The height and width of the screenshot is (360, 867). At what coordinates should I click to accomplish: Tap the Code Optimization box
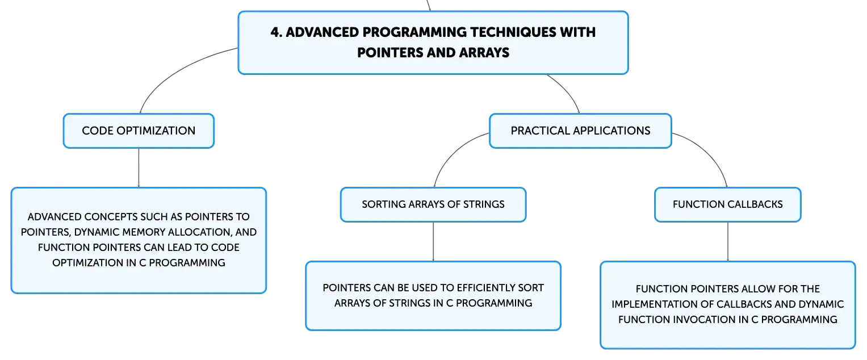139,131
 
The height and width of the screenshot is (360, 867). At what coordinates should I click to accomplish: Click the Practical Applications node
580,131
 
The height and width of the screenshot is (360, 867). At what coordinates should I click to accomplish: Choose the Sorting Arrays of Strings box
433,204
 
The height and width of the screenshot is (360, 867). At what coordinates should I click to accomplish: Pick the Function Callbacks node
728,204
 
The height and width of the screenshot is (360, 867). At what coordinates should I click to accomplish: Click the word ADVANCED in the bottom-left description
54,217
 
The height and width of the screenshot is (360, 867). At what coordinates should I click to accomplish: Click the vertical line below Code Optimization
139,168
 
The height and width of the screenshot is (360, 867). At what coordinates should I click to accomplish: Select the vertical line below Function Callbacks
728,241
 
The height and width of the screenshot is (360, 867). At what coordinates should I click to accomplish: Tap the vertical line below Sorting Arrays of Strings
433,241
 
